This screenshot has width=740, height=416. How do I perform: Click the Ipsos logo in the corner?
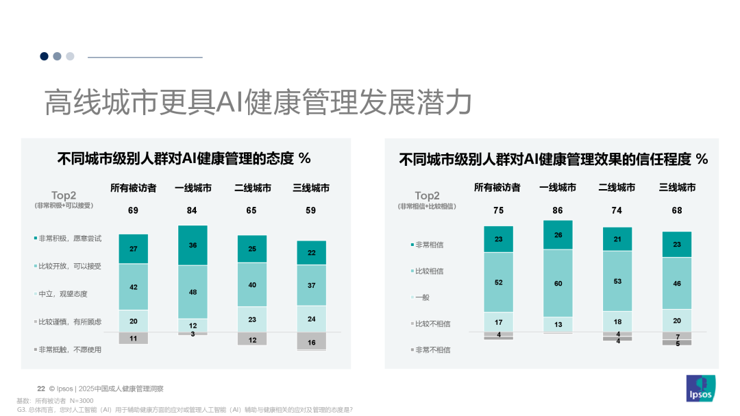point(700,389)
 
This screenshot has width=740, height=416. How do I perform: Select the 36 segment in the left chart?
point(193,245)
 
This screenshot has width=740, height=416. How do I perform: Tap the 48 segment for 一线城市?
point(193,292)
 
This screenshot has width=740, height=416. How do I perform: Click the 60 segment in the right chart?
point(558,283)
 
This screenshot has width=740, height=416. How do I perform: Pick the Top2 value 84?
point(193,210)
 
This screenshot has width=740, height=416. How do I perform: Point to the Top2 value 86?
point(558,210)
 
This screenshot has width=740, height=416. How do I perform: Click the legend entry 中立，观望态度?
point(63,294)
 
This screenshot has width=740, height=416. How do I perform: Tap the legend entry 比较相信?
point(428,271)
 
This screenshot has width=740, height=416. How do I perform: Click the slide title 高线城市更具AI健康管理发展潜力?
point(258,103)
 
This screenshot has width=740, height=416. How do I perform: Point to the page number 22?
point(40,388)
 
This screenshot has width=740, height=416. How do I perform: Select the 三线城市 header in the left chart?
point(311,188)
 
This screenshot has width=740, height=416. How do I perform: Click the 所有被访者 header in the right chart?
point(497,187)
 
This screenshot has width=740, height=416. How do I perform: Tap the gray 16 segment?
point(311,341)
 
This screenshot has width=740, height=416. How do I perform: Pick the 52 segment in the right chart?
point(498,282)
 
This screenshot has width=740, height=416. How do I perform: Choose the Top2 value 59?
point(311,210)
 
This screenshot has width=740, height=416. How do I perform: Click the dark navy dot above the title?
point(44,56)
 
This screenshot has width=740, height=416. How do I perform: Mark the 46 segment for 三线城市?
point(677,283)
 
